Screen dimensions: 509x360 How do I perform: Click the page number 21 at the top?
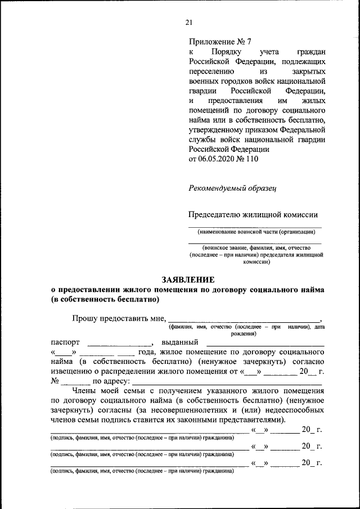(x=188, y=22)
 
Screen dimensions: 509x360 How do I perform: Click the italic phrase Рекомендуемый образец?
(x=232, y=189)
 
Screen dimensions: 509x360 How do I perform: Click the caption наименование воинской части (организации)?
(x=256, y=232)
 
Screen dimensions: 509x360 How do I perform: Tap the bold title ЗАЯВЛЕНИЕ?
(x=188, y=280)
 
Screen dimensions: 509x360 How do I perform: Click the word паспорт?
(x=65, y=343)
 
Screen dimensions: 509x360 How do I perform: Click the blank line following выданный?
(x=265, y=343)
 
